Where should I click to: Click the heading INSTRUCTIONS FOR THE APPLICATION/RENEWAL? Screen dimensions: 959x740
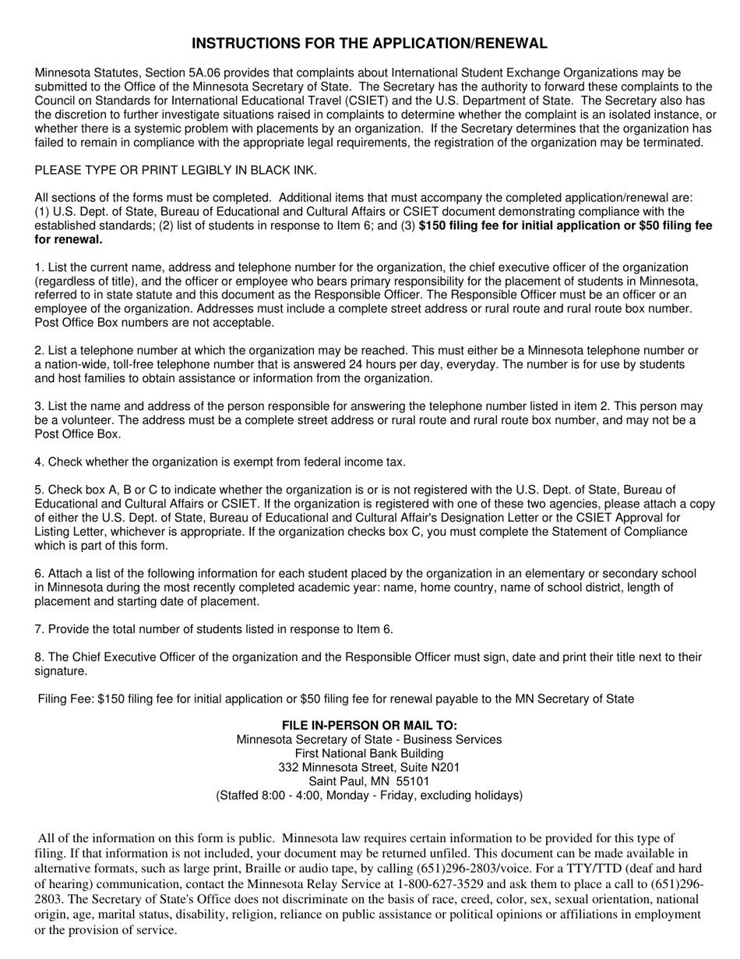[369, 44]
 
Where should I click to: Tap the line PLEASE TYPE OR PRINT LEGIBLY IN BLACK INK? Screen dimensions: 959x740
[175, 171]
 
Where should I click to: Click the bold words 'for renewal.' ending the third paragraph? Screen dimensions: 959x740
[69, 240]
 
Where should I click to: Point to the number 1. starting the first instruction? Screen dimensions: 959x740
[39, 267]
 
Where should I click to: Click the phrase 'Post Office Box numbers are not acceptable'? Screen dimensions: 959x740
[154, 323]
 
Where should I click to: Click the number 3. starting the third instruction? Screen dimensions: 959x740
[39, 406]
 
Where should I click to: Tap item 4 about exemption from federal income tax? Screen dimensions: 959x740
[220, 462]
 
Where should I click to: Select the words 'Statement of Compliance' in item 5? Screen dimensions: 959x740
[623, 532]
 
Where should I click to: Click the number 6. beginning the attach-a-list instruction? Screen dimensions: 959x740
[39, 574]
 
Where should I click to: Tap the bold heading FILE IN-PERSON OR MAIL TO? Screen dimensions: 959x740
[369, 726]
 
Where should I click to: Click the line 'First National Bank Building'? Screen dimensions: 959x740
[369, 754]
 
